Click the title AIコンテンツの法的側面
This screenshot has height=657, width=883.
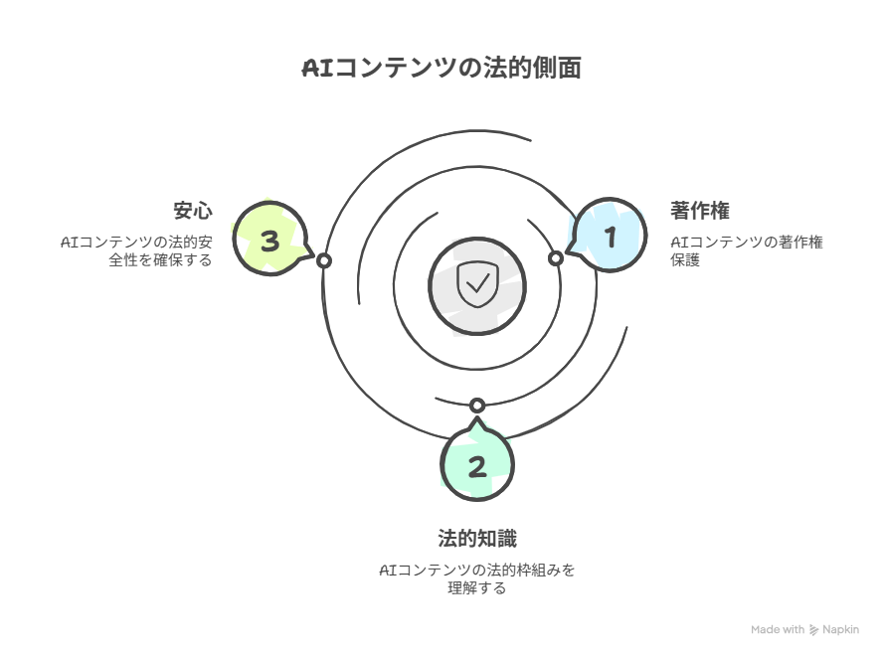[x=441, y=69]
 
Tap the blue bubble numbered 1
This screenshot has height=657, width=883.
[x=610, y=236]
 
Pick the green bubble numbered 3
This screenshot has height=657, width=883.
[x=271, y=239]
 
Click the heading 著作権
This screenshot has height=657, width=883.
[x=700, y=211]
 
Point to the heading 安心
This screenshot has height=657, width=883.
[x=193, y=211]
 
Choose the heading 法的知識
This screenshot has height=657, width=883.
[x=477, y=539]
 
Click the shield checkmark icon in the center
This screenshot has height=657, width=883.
[x=477, y=284]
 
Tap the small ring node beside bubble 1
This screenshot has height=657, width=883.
[x=556, y=258]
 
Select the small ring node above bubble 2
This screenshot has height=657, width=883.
[x=477, y=406]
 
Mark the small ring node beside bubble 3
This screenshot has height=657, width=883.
[x=324, y=260]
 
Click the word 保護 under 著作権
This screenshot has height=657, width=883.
[x=685, y=260]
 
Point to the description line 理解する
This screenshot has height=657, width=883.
[x=477, y=588]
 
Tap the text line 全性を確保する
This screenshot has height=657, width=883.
[x=160, y=260]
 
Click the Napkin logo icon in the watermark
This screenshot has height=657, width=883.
[x=813, y=630]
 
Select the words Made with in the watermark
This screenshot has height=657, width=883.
[x=778, y=629]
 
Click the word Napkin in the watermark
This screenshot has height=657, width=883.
[x=841, y=630]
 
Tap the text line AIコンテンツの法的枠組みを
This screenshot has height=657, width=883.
[x=477, y=571]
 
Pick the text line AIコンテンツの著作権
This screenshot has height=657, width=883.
[x=747, y=243]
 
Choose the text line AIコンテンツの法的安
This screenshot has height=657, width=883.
[x=136, y=243]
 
